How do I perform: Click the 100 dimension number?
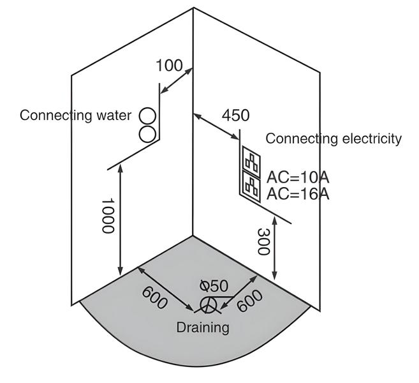coord(169,66)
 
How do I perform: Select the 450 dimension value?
coord(235,116)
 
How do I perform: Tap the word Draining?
coord(202,327)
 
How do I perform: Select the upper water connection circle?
coord(148,116)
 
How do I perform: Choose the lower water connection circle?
coord(148,133)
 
